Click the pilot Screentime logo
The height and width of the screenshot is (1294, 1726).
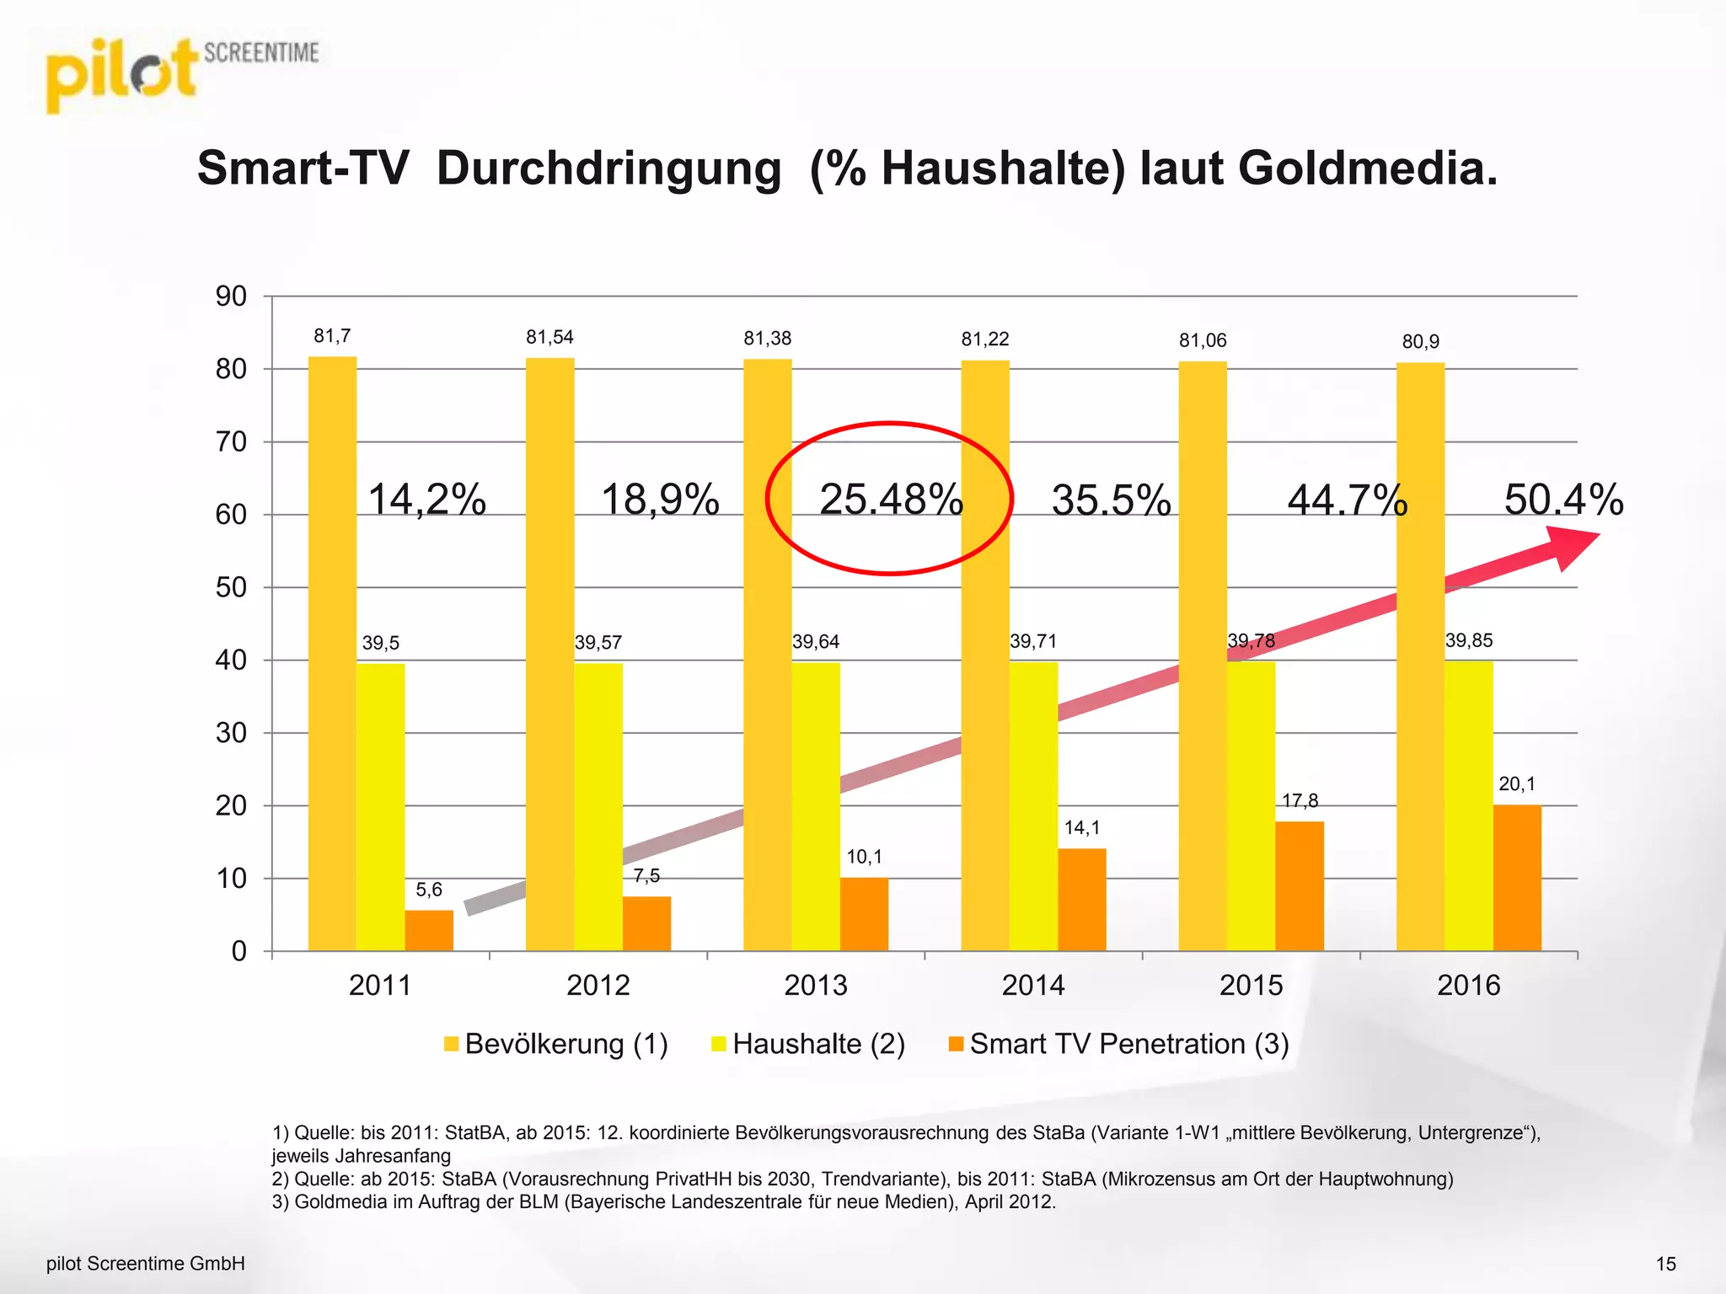(181, 74)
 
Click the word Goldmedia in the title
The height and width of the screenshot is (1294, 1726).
(1367, 168)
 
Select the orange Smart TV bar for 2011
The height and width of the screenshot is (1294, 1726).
(429, 930)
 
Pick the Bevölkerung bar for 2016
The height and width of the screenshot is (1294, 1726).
(1420, 657)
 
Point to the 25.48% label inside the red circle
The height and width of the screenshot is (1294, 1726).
(891, 500)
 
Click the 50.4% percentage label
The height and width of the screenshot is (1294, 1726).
(1563, 500)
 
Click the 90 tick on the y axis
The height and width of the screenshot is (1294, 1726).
(231, 297)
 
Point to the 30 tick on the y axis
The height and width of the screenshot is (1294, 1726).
(231, 733)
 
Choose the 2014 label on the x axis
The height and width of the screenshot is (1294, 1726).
(1033, 985)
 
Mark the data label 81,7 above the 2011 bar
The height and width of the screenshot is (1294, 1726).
(332, 336)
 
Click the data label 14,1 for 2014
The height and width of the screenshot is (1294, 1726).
(1081, 828)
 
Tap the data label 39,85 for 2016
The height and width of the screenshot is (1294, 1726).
(1469, 640)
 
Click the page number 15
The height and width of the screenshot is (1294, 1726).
(1665, 1264)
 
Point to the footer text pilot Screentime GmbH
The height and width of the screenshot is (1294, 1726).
(145, 1264)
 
